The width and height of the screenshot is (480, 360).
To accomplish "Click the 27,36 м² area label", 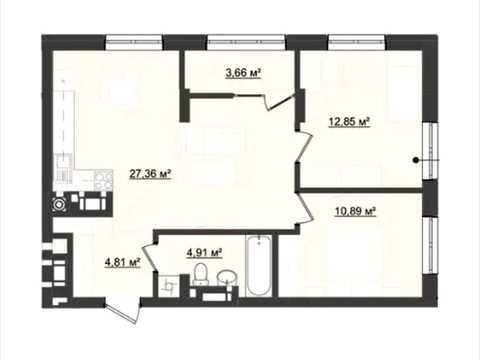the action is click(150, 174).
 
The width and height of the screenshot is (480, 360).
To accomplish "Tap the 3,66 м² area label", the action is click(243, 72).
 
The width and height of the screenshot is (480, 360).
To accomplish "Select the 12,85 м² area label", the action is click(349, 122).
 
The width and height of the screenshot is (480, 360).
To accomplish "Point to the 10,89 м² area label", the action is click(355, 211).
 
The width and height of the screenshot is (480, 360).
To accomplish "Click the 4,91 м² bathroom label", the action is click(204, 253).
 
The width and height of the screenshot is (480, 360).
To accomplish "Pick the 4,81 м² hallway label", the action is click(122, 262).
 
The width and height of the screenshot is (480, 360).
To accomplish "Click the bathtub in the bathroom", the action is click(259, 265).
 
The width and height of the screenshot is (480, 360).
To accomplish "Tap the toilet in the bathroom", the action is click(201, 274).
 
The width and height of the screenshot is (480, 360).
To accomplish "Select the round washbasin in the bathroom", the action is click(227, 278).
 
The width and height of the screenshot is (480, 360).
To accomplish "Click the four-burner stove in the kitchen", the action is click(103, 180).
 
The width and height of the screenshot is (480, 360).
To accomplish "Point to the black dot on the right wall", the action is click(415, 160).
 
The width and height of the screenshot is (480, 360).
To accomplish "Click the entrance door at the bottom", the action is click(123, 311).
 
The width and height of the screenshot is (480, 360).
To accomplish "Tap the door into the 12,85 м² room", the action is click(304, 146).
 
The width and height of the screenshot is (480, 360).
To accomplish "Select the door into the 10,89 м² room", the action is click(305, 209).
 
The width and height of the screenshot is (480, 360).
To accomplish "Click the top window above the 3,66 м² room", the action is click(246, 42).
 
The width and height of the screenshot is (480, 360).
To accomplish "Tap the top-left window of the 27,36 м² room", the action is click(134, 42).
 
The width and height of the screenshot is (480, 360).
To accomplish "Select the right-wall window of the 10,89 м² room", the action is click(430, 246).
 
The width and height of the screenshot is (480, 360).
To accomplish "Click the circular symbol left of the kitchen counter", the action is click(59, 204).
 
